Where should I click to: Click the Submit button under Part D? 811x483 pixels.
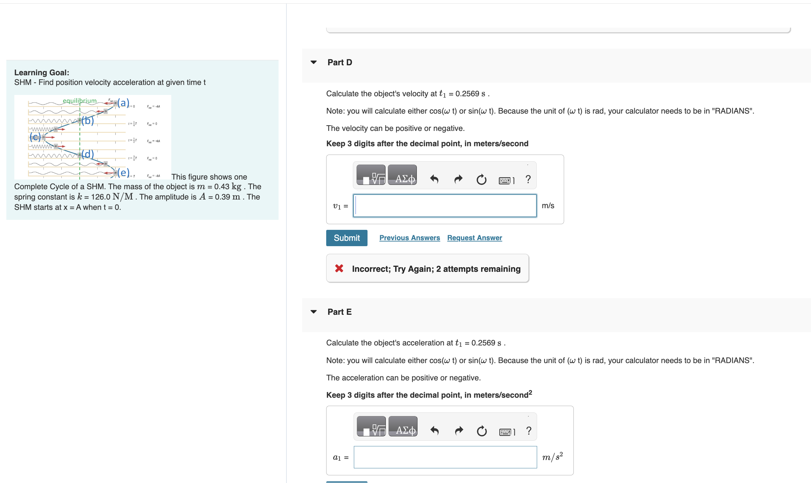[347, 238]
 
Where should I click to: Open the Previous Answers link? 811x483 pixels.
[409, 238]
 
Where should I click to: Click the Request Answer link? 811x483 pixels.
[474, 238]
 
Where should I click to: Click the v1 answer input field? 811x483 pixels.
[444, 206]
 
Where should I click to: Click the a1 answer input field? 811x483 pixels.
[445, 457]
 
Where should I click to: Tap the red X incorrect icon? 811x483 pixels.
[339, 268]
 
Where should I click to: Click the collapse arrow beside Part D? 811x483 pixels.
[314, 62]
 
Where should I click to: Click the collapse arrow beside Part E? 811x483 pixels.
[314, 312]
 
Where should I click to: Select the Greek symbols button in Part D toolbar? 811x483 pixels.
[402, 175]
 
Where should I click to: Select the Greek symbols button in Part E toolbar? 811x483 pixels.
[403, 426]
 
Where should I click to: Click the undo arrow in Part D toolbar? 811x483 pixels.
[434, 179]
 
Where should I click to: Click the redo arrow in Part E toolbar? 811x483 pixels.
[459, 431]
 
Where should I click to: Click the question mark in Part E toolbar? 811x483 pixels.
[528, 431]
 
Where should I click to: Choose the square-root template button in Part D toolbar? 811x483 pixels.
[371, 175]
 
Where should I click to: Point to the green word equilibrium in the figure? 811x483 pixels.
[80, 101]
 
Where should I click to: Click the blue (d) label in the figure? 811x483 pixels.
[88, 154]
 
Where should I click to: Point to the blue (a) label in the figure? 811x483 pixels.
[123, 103]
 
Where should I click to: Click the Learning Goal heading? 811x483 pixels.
[42, 73]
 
